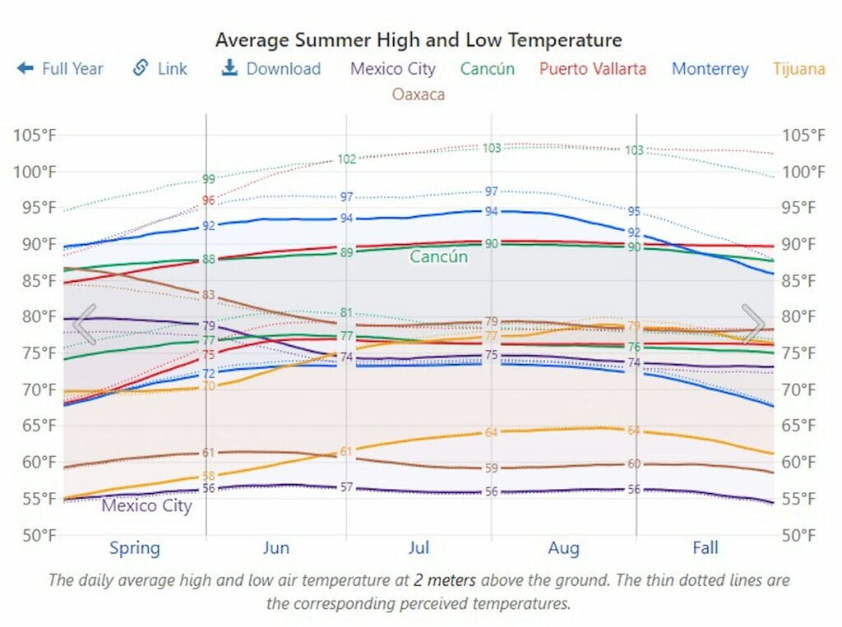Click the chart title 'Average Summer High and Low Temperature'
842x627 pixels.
419,39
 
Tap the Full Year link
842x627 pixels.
61,68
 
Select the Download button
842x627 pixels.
271,68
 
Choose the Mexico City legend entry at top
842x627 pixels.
393,68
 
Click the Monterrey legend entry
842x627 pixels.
710,68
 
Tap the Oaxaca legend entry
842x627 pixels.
418,94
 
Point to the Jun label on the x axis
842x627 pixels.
275,548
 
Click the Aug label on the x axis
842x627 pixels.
563,548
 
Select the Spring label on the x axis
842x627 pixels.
135,548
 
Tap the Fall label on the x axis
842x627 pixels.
705,548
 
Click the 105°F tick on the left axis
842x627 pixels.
35,136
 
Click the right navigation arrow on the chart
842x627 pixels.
753,323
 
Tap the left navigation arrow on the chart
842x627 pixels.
84,323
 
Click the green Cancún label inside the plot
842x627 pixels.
438,257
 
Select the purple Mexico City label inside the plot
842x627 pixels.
146,505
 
